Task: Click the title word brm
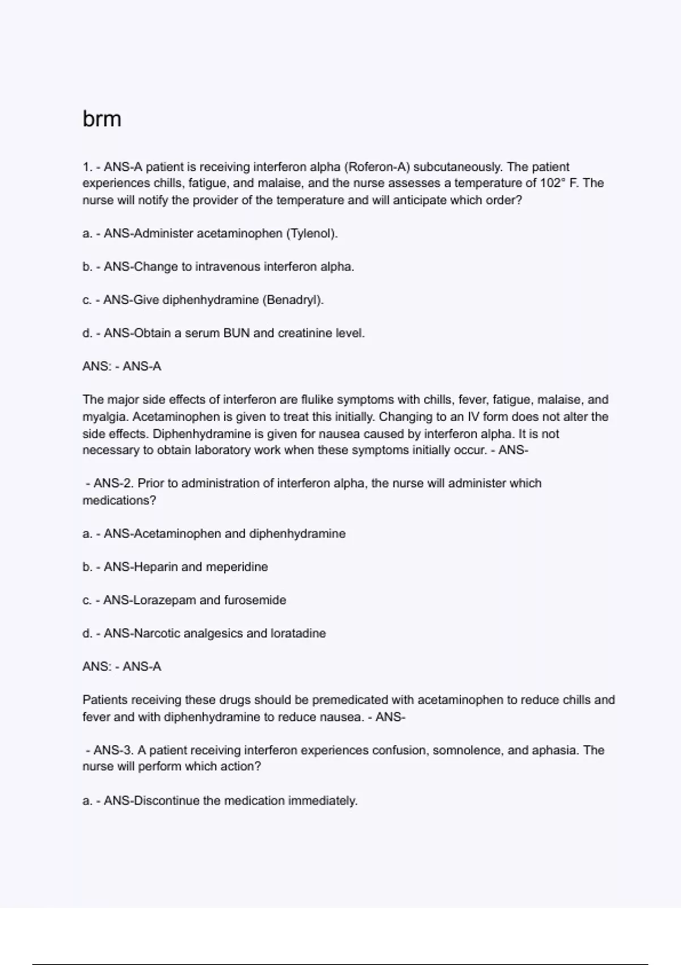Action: point(102,119)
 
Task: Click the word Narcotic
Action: point(157,633)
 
